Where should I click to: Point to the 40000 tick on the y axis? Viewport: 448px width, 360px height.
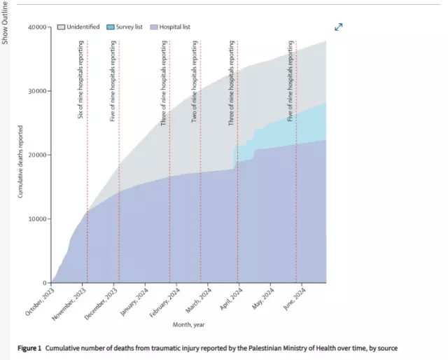pos(36,27)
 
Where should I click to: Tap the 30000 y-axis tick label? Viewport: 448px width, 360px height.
pos(36,91)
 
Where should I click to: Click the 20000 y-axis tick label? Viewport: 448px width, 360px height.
pos(36,155)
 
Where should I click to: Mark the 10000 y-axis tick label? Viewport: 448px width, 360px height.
pos(36,219)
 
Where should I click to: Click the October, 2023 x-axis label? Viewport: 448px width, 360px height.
pos(40,302)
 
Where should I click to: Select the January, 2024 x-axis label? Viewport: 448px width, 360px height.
pos(134,302)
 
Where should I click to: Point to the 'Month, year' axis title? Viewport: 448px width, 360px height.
pos(188,324)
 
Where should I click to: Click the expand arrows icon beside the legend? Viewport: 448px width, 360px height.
pos(339,27)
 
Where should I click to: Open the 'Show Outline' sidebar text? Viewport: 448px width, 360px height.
pos(6,22)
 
